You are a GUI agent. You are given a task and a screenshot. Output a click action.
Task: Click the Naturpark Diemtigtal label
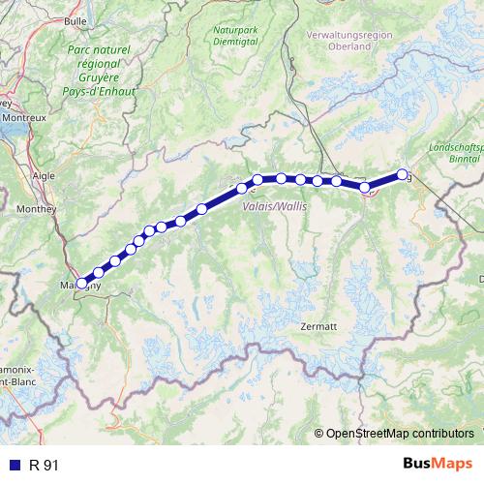(236, 36)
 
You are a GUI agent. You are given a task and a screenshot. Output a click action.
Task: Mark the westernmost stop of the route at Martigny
(81, 284)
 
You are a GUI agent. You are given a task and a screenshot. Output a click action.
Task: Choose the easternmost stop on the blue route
(403, 174)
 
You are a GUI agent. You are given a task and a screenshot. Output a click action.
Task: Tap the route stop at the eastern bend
(366, 188)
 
